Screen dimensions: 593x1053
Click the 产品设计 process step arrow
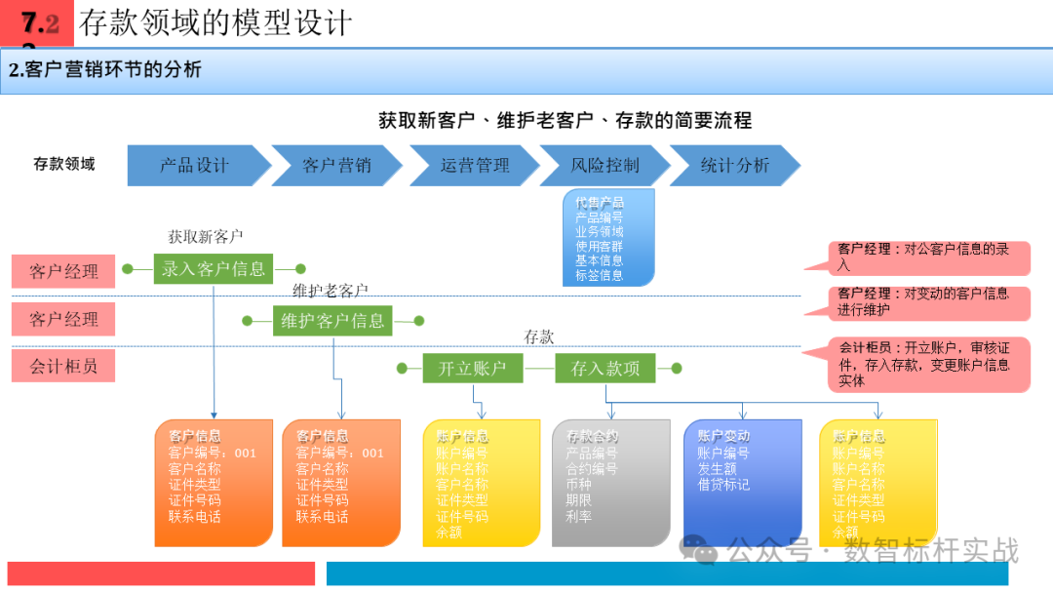[195, 166]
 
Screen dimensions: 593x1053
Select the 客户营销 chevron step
[336, 166]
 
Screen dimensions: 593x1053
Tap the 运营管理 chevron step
[475, 166]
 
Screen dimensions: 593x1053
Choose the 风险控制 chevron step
[604, 166]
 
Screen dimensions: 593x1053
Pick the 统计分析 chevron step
[734, 166]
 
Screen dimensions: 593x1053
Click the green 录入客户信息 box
[214, 269]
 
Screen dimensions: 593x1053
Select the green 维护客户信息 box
[332, 320]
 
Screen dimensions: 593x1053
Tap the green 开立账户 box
[473, 369]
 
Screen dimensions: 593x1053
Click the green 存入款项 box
[605, 369]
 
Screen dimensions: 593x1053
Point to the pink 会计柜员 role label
[63, 366]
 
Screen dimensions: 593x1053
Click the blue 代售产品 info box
[607, 239]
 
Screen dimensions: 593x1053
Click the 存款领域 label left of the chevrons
[64, 164]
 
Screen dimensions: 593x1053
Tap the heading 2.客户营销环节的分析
[105, 70]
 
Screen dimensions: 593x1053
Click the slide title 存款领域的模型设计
[215, 22]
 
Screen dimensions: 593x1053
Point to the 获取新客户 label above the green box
[205, 236]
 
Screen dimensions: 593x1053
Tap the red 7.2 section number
[39, 24]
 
